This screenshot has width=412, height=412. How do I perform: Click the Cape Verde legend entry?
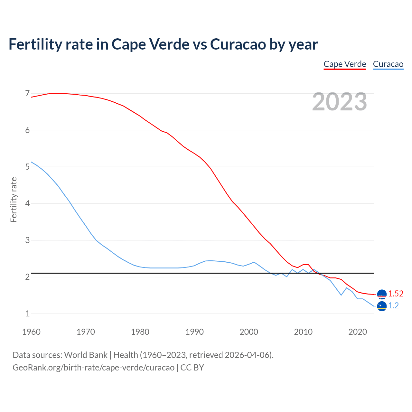point(345,64)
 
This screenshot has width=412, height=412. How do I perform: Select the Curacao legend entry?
point(388,64)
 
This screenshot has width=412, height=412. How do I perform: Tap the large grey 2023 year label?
point(340,102)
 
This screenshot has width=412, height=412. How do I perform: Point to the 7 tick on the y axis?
point(27,94)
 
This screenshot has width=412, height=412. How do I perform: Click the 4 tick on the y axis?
point(27,203)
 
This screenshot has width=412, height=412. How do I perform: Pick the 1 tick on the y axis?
point(27,314)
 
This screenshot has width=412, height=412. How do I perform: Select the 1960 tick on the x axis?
point(31,332)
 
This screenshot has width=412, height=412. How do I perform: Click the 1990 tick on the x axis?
point(194,332)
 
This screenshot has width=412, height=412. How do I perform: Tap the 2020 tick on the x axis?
point(358,332)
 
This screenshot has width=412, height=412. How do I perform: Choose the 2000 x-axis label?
point(249,332)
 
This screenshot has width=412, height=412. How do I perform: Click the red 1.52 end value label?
point(396,294)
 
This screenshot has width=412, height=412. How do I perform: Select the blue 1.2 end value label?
point(393,306)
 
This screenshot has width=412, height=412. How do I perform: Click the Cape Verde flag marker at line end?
point(382,294)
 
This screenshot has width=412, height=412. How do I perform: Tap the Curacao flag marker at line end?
point(382,306)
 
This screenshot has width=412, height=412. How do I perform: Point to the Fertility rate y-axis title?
point(14,200)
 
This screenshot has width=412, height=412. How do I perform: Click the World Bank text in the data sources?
point(86,355)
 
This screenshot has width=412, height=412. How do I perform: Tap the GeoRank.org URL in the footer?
point(93,368)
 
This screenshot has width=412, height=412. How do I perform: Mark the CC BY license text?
point(192,368)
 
